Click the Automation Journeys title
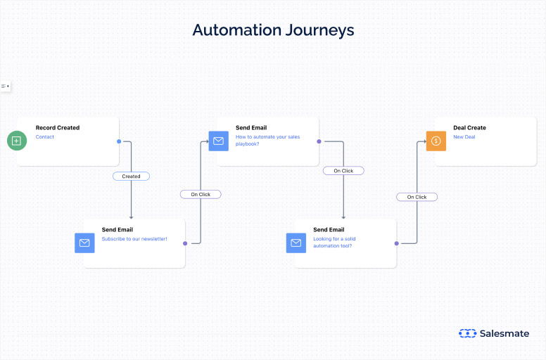tap(273, 30)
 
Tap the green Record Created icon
tap(17, 141)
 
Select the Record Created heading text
tap(58, 128)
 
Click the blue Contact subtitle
tap(45, 137)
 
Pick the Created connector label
tap(131, 176)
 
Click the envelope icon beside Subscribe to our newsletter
tap(84, 243)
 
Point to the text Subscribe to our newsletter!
tap(134, 239)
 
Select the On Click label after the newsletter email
tap(201, 194)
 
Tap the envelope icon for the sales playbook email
tap(218, 141)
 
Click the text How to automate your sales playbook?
tap(267, 140)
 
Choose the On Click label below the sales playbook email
tap(343, 171)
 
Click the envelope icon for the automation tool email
tap(296, 243)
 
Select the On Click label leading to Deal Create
tap(417, 197)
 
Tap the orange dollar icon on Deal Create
tap(436, 141)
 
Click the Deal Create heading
tap(469, 128)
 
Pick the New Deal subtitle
tap(464, 137)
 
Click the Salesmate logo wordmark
tap(504, 333)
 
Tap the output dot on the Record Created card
tap(119, 141)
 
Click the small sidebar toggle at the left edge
tap(5, 86)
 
